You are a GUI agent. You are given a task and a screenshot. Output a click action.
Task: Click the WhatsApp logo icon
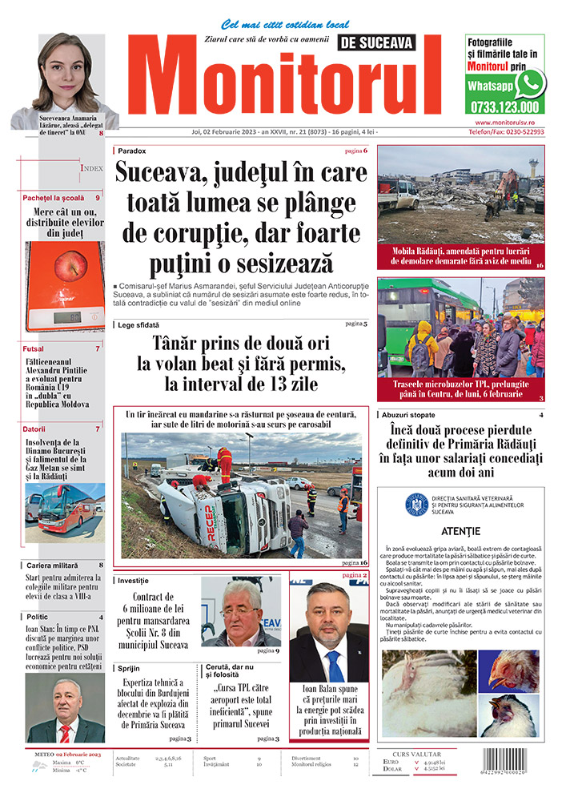click(529, 83)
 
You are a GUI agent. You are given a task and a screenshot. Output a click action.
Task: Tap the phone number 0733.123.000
click(504, 107)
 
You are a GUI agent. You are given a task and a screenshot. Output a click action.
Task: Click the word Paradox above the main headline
click(131, 151)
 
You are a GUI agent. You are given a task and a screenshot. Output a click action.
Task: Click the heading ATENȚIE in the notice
click(460, 531)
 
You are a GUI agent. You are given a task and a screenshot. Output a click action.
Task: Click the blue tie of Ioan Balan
click(330, 664)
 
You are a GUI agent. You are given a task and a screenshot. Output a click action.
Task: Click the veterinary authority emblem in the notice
click(415, 504)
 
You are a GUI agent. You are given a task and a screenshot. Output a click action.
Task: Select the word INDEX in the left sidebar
click(91, 168)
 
